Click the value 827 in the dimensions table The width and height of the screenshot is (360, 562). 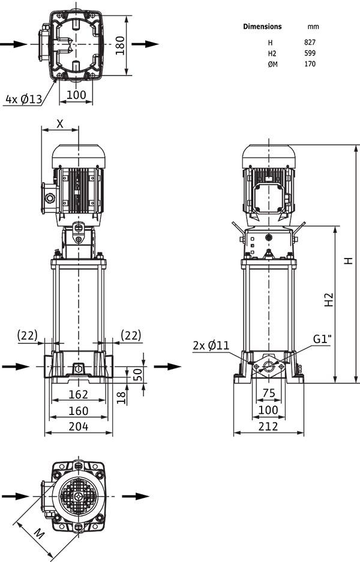point(310,43)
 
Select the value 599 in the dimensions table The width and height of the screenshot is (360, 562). point(310,53)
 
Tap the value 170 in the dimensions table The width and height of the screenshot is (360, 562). point(310,64)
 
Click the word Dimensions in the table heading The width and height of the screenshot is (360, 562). point(262,26)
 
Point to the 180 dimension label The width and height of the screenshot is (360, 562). point(120,46)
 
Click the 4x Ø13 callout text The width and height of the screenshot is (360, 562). point(24,99)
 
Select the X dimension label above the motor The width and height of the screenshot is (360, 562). point(60,124)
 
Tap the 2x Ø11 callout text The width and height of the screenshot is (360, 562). point(211,345)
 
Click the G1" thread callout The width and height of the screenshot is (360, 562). point(322,339)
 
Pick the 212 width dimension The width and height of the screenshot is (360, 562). point(268,426)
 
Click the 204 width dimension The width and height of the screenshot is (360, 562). point(79,426)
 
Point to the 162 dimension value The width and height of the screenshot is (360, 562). point(78,394)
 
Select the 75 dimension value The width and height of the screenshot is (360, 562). point(269,393)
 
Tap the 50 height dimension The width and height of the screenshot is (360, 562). point(137,374)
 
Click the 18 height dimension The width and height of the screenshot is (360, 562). point(122,398)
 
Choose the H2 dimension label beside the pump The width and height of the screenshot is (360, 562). point(329,300)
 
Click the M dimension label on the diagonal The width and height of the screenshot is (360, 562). point(39,534)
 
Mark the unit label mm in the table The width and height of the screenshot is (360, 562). point(313,26)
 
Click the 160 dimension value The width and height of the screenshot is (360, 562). point(78,410)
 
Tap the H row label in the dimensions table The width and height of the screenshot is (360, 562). point(271,43)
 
